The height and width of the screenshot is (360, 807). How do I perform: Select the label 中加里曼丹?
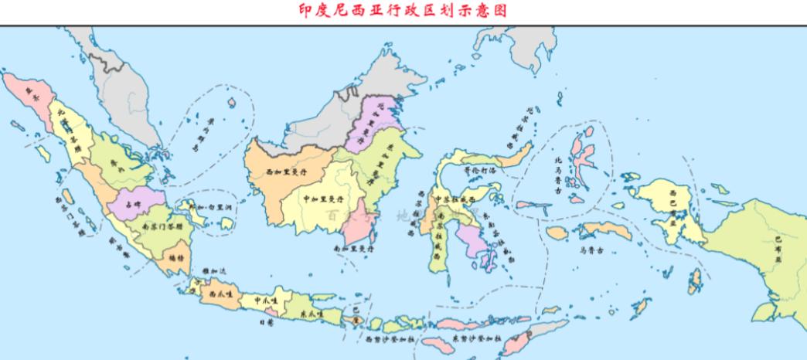click(325, 199)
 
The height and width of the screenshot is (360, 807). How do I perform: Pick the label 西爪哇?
click(215, 294)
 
